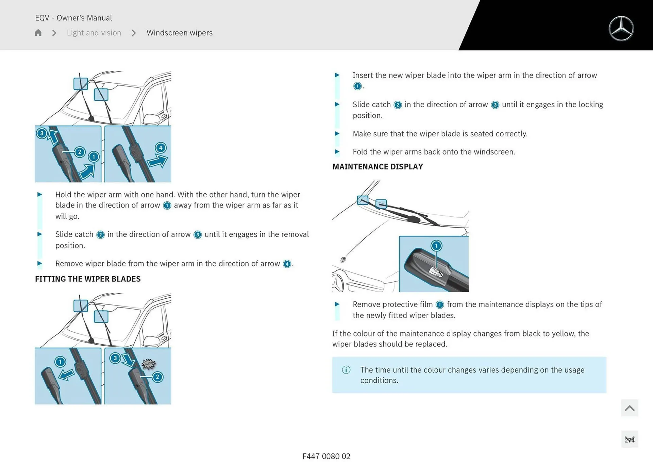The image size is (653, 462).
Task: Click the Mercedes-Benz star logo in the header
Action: [621, 29]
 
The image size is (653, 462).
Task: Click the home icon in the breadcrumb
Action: [38, 33]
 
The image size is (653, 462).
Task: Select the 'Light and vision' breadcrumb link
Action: [94, 33]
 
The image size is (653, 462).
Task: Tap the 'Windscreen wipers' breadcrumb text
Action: [179, 33]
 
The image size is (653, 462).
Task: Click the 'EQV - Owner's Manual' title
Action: [73, 18]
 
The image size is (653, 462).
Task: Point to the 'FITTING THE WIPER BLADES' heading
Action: [88, 279]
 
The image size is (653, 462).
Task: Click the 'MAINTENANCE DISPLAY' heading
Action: [378, 167]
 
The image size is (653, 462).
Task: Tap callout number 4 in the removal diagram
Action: [161, 148]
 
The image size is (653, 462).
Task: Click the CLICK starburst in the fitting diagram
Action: [149, 364]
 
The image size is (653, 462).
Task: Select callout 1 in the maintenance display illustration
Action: [436, 246]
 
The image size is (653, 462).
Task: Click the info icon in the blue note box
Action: [346, 370]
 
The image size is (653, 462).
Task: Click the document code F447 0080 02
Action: [326, 456]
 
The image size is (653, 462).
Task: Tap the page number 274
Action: [630, 440]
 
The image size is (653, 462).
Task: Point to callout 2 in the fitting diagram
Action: [157, 377]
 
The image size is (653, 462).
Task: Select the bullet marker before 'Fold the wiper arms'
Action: [337, 152]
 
